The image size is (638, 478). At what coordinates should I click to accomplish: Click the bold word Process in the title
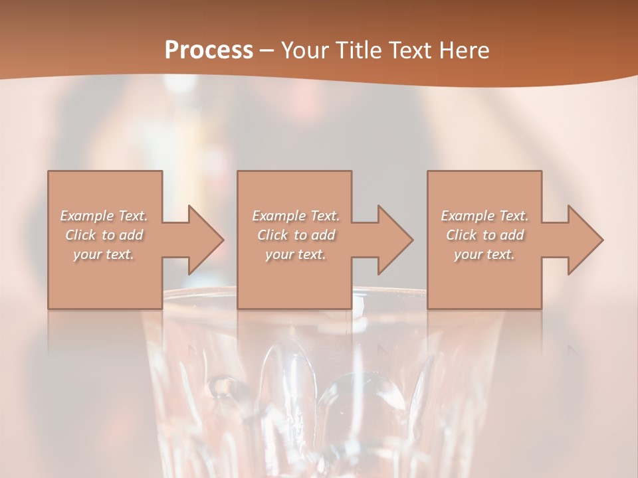pos(209,50)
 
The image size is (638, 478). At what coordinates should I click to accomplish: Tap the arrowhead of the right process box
pos(584,240)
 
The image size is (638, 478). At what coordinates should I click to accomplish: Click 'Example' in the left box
pos(87,216)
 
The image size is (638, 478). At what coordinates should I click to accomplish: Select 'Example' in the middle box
pos(278,216)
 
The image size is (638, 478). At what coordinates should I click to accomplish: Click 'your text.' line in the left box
pos(104,254)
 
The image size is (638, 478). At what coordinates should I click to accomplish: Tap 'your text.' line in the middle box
pos(295,254)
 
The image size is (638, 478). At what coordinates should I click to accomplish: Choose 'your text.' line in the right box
pos(484,254)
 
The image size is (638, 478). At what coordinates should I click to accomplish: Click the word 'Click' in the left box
pos(80,235)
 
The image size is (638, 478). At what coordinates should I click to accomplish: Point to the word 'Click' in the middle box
pos(272,235)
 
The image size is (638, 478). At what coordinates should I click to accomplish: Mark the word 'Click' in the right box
pos(461,235)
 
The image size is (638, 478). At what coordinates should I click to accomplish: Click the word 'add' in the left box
pos(131,235)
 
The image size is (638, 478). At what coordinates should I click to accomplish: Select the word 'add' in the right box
pos(512,235)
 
